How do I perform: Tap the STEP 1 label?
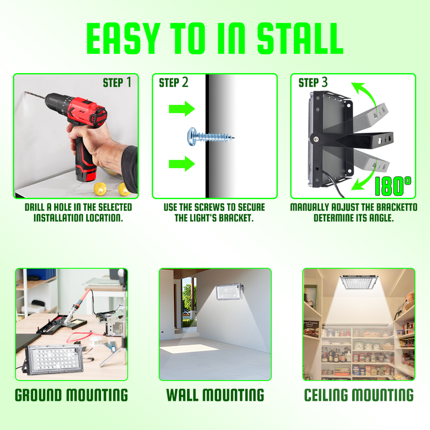[117, 83]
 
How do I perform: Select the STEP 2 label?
[174, 83]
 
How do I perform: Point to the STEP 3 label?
[313, 83]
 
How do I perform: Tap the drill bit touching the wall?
[34, 95]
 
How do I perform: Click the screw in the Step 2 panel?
[211, 136]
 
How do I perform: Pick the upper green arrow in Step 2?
[182, 109]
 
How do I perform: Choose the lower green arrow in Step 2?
[182, 164]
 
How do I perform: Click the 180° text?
[393, 186]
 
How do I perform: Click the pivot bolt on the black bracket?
[316, 139]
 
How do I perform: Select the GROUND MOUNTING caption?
[71, 395]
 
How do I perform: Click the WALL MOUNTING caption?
[215, 395]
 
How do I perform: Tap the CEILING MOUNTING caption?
[359, 395]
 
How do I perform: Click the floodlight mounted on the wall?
[229, 292]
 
